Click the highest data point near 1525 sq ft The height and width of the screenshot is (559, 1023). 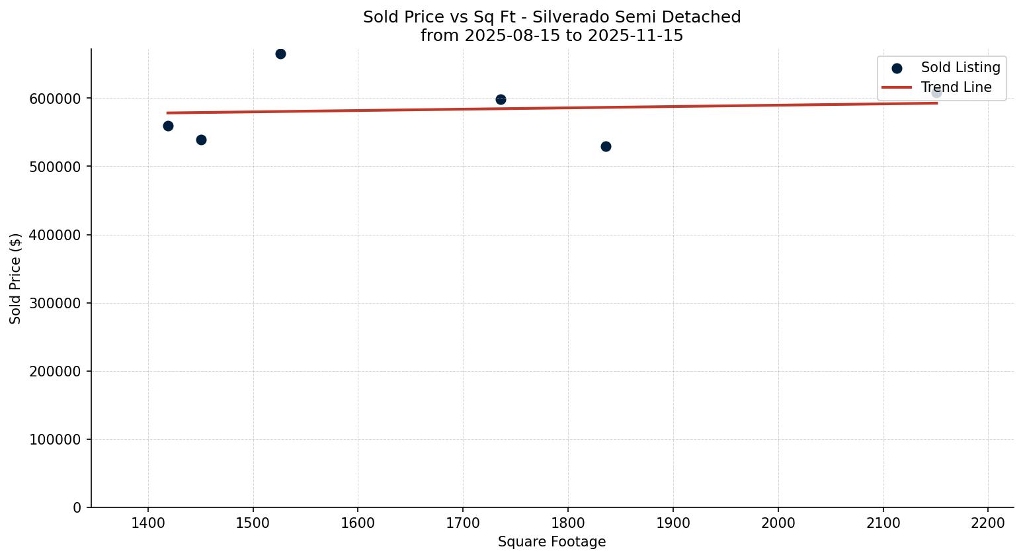280,54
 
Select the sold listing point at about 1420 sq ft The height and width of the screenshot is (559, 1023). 168,126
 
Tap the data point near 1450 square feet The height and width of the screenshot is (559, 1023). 201,140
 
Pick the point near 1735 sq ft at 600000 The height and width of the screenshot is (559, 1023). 501,99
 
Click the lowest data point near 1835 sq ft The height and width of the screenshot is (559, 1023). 606,146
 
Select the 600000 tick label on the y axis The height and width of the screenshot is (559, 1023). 56,99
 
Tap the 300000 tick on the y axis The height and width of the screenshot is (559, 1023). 56,303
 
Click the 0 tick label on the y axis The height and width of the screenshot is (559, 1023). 77,507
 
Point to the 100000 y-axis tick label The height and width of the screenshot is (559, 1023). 56,439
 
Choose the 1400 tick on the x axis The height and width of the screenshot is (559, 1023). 148,523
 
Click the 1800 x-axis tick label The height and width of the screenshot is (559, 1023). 568,523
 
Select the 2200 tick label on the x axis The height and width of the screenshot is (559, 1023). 988,523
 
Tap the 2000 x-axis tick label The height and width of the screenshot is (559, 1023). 778,523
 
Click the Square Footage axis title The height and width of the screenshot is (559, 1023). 552,542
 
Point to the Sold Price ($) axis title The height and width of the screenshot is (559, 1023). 15,279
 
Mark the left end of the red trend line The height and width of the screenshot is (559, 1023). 168,112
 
